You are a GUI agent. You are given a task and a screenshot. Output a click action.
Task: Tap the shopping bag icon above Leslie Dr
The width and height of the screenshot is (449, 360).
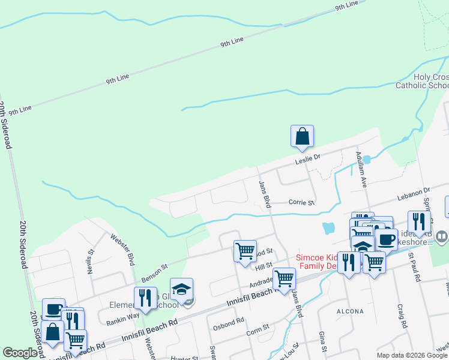click(303, 137)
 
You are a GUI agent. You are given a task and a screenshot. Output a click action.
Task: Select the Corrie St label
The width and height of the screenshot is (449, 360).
click(301, 203)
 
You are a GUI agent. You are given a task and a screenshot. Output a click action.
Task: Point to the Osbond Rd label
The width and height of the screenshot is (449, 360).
click(229, 320)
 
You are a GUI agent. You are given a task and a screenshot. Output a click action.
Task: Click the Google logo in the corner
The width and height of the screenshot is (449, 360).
click(20, 353)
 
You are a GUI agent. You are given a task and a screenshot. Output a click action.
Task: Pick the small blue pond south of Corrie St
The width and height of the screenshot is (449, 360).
click(328, 228)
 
